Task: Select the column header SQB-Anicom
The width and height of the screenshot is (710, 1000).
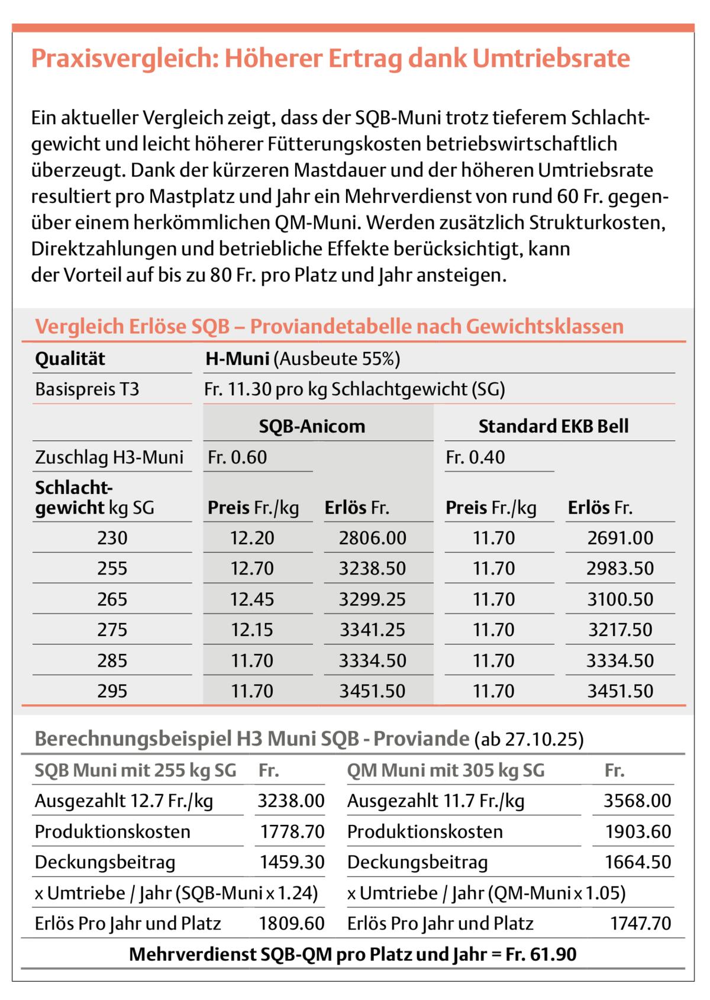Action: point(312,426)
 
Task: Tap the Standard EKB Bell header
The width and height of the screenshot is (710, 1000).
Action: point(553,426)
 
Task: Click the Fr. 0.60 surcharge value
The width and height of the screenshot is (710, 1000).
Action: point(237,457)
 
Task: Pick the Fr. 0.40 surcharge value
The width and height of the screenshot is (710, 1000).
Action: point(476,457)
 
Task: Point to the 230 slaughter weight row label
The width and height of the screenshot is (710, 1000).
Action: point(112,538)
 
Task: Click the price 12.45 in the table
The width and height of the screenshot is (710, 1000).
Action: point(252,599)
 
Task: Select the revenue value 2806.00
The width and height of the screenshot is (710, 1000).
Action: point(373,538)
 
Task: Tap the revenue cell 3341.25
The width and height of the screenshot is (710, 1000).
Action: point(373,630)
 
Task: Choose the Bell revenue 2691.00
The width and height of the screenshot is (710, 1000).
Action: point(620,538)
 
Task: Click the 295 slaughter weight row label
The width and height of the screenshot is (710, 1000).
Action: point(112,691)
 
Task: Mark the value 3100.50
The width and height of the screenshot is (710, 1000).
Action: point(620,599)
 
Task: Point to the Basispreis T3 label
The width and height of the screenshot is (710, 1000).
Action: point(87,389)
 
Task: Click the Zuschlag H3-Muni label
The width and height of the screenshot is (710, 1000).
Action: point(109,457)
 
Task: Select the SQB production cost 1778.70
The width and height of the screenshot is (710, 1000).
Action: point(292,832)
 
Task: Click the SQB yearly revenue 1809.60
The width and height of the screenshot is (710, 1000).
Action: point(292,924)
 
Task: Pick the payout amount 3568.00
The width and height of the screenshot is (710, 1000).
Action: point(637,801)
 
